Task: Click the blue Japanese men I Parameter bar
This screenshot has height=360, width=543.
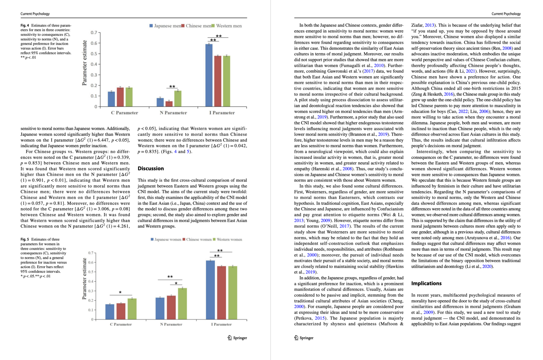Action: pyautogui.click(x=209, y=76)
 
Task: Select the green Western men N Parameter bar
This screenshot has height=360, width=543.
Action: pyautogui.click(x=178, y=99)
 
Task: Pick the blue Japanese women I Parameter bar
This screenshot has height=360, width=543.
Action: pyautogui.click(x=210, y=290)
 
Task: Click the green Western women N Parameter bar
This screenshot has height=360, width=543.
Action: pyautogui.click(x=182, y=304)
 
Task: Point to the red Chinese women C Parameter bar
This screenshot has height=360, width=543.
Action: pyautogui.click(x=121, y=311)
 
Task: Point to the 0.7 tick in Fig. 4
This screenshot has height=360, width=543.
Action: pyautogui.click(x=94, y=33)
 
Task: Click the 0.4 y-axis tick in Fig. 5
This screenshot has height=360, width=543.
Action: pyautogui.click(x=91, y=281)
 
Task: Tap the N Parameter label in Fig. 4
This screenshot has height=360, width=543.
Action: pyautogui.click(x=173, y=113)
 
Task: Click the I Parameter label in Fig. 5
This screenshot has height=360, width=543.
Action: pyautogui.click(x=221, y=324)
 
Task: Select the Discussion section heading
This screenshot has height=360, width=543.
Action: pyautogui.click(x=151, y=168)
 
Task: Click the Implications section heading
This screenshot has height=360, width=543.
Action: pyautogui.click(x=426, y=283)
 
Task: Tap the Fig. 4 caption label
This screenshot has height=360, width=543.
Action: pyautogui.click(x=25, y=25)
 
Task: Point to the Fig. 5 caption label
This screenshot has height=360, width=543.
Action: pyautogui.click(x=25, y=239)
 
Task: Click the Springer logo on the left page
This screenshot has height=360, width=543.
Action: pyautogui.click(x=237, y=338)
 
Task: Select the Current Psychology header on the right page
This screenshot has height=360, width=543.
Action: pyautogui.click(x=506, y=14)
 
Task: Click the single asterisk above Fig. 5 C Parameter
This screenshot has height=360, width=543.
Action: pyautogui.click(x=120, y=292)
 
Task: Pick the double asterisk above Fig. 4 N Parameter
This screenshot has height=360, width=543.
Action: pyautogui.click(x=172, y=87)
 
